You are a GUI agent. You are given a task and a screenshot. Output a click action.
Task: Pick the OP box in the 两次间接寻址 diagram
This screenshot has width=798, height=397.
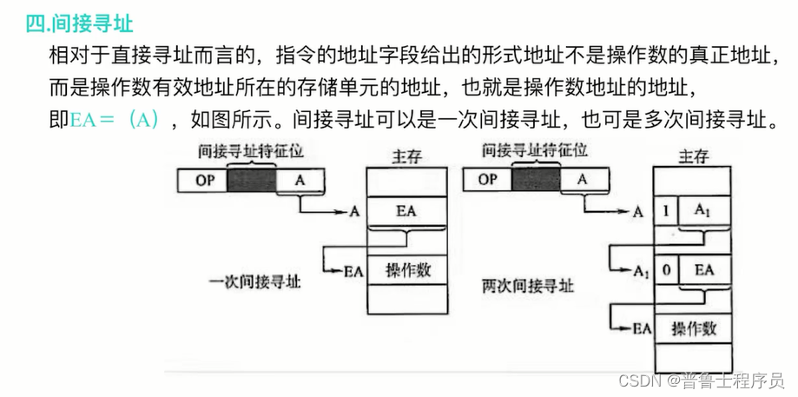pyautogui.click(x=488, y=180)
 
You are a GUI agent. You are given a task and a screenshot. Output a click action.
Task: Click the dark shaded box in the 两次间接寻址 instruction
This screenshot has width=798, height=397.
pyautogui.click(x=536, y=180)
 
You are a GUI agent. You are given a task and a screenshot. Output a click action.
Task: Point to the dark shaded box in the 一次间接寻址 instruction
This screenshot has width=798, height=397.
pyautogui.click(x=251, y=180)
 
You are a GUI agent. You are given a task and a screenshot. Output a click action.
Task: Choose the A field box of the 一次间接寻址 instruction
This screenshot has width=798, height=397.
pyautogui.click(x=300, y=180)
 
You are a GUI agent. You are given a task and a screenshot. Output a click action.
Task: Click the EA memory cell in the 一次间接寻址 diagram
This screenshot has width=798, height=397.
pyautogui.click(x=406, y=211)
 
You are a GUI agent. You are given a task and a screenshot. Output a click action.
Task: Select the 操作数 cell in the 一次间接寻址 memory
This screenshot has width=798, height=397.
pyautogui.click(x=406, y=270)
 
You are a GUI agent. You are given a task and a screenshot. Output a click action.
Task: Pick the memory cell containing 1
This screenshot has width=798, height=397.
pyautogui.click(x=666, y=211)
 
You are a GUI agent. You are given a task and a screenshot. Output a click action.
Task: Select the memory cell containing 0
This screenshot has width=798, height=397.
pyautogui.click(x=666, y=270)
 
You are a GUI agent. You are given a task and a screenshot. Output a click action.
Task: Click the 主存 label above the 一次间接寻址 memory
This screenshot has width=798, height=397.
pyautogui.click(x=406, y=156)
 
